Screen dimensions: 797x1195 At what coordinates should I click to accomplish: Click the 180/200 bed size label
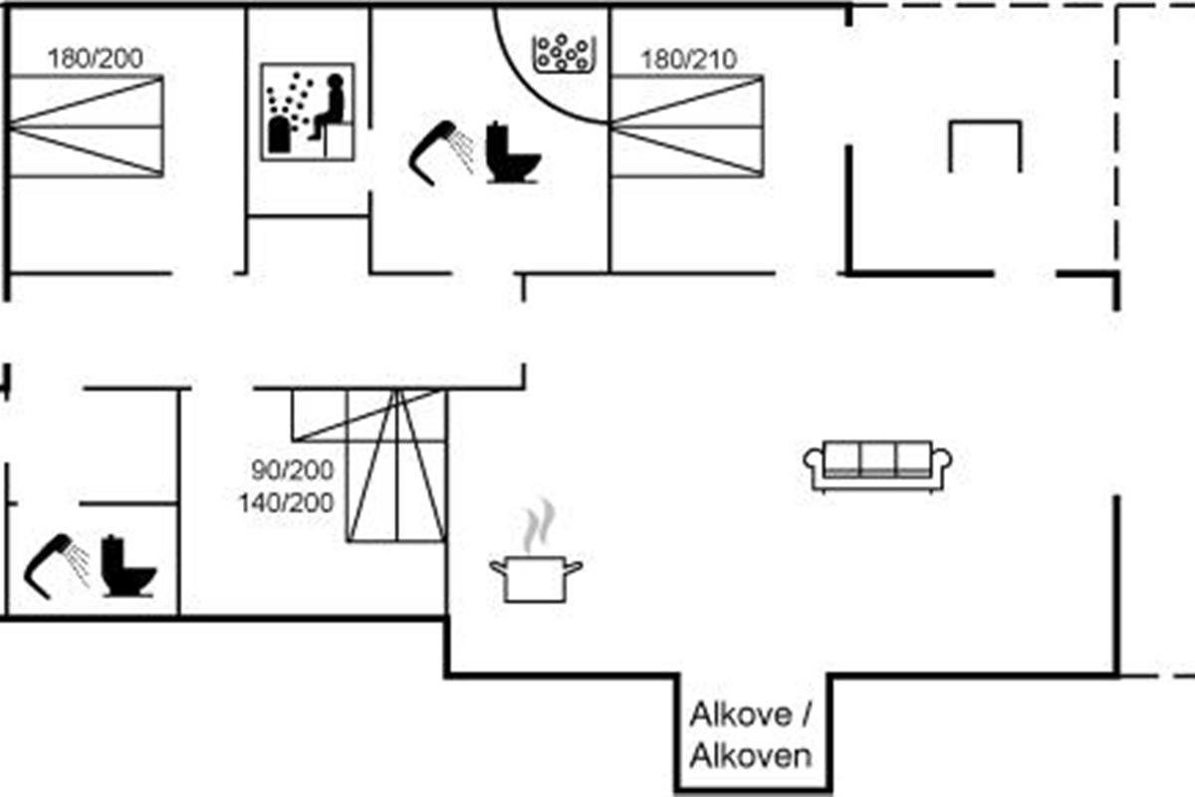point(95,58)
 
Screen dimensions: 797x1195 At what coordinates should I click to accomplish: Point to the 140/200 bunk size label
point(286,503)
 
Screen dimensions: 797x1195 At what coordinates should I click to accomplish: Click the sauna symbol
point(308,112)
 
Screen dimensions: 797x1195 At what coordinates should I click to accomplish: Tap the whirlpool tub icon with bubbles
point(563,53)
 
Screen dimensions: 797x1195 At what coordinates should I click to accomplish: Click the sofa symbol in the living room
point(877,465)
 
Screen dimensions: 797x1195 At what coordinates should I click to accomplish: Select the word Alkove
point(742,715)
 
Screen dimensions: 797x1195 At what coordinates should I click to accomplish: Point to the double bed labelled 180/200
point(86,127)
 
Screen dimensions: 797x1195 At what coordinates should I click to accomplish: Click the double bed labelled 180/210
point(686,127)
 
